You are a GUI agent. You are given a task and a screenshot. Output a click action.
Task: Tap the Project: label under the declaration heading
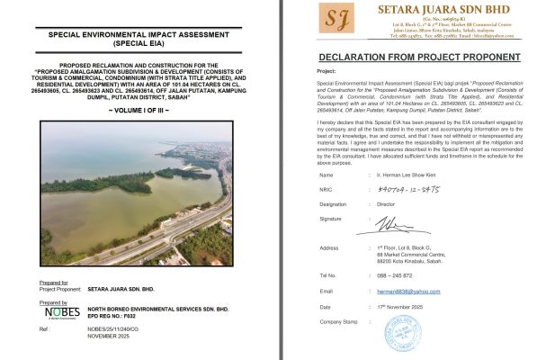327,69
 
